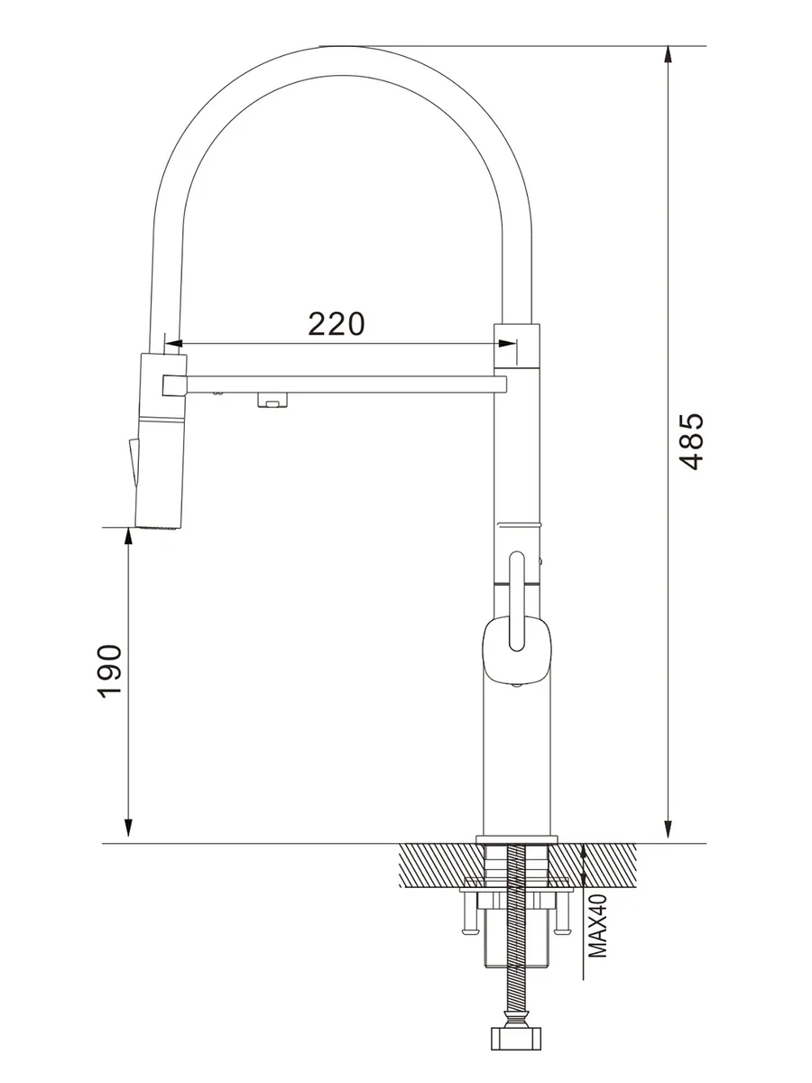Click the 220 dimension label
337,324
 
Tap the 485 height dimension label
691,442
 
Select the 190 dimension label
109,671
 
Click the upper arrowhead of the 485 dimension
668,55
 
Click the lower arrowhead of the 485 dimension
668,828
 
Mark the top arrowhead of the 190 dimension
128,536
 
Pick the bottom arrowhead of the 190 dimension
128,828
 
